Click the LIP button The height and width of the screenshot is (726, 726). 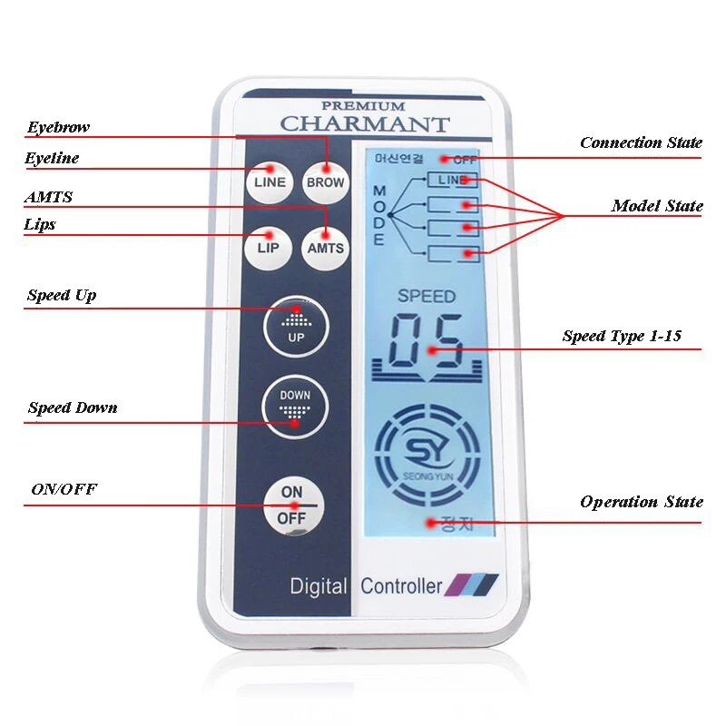269,247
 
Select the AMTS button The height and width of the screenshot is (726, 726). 325,247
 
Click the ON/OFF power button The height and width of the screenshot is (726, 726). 292,505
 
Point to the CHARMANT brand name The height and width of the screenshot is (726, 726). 364,123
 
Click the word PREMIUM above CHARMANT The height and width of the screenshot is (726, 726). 364,106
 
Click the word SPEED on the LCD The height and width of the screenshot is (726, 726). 427,296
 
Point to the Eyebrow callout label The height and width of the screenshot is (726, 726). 58,127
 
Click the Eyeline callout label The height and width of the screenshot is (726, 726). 52,159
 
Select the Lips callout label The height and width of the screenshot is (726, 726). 41,224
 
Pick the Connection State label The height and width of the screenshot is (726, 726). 641,142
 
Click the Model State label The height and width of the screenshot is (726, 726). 657,206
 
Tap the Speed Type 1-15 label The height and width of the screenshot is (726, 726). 622,336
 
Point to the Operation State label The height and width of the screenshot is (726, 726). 642,502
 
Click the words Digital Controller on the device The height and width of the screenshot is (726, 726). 366,585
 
